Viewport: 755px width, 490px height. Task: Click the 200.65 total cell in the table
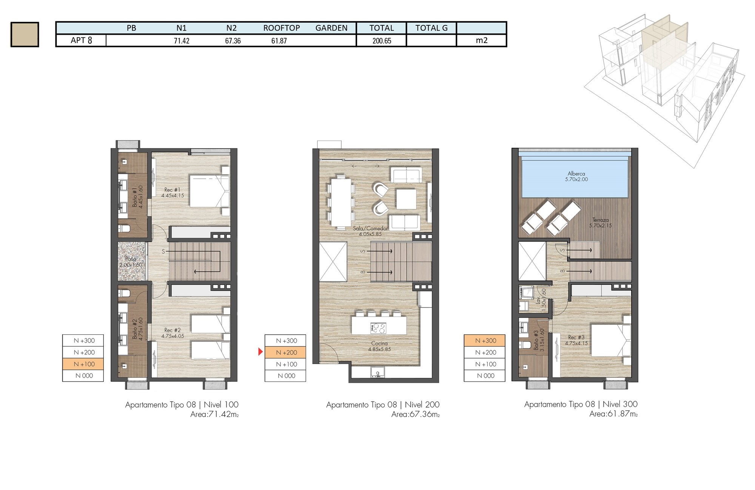pos(382,41)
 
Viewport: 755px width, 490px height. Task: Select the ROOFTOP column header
pos(282,28)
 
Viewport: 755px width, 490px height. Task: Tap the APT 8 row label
pos(81,40)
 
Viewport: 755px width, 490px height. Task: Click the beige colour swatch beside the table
pos(25,34)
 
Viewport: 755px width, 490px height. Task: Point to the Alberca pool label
pos(576,174)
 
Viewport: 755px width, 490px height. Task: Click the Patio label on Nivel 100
pos(131,259)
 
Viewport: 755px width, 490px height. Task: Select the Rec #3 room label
pos(576,337)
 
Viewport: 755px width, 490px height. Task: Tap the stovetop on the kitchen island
pos(379,328)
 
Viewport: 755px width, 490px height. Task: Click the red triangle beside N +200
pos(260,352)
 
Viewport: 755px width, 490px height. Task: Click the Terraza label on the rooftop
pos(600,220)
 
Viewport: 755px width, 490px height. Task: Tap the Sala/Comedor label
pos(370,228)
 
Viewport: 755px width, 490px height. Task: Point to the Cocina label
pos(379,343)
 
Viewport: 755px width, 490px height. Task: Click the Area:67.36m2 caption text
pos(416,414)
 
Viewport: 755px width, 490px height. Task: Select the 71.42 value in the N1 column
pos(182,41)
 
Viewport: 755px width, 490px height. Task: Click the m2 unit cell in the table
pos(482,40)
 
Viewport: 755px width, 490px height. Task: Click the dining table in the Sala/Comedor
pos(341,202)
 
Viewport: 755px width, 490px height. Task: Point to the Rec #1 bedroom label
pos(173,190)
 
